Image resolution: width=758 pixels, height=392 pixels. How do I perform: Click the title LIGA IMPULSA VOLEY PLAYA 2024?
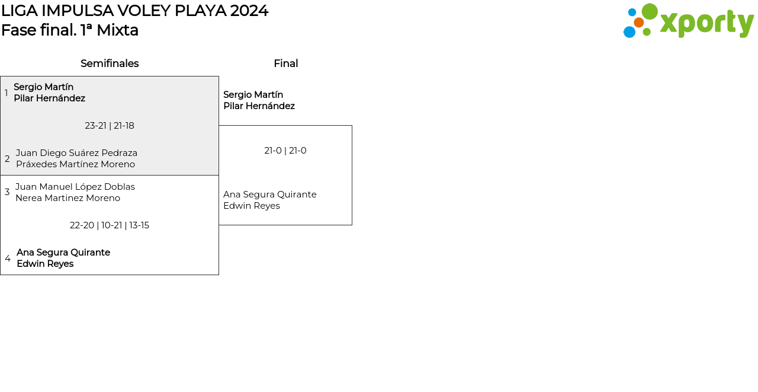tap(134, 11)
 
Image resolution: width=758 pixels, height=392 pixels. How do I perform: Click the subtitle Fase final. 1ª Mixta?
tap(70, 30)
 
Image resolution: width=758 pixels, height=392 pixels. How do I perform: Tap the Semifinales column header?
tap(110, 63)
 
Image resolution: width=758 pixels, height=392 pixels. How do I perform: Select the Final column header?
tap(285, 63)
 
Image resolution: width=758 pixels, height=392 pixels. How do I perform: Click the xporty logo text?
tap(706, 23)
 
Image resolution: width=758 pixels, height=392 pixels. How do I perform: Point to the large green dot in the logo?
tap(650, 11)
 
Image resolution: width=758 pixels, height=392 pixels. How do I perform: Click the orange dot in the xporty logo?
tap(638, 23)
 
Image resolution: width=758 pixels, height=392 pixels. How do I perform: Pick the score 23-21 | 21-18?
tap(110, 126)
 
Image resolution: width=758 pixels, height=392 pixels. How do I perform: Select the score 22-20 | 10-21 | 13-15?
tap(110, 225)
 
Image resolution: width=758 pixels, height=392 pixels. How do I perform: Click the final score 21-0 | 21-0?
tap(285, 151)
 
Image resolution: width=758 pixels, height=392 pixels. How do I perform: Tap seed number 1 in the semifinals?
tap(7, 93)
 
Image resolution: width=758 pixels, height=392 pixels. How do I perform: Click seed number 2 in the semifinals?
tap(7, 159)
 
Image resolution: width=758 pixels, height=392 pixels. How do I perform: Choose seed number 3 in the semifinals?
tap(7, 192)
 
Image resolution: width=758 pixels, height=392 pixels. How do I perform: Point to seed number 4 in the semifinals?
tap(8, 259)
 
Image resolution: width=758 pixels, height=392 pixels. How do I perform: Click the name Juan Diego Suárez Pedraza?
tap(76, 153)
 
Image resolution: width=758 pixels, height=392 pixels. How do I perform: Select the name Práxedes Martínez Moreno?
tap(75, 164)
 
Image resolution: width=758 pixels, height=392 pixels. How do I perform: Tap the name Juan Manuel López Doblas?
tap(75, 187)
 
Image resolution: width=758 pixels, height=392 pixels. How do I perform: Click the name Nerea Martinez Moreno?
tap(68, 198)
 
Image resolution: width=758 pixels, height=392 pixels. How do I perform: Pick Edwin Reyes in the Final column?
tap(252, 206)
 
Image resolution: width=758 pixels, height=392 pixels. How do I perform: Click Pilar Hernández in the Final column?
tap(259, 106)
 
